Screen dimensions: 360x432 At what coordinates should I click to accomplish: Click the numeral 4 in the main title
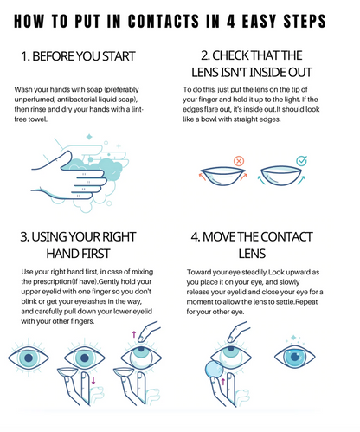(231, 21)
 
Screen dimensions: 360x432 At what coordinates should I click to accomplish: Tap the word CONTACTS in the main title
(164, 21)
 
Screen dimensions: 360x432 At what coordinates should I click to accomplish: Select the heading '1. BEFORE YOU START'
(78, 56)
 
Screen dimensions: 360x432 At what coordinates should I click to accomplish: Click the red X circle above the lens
(239, 161)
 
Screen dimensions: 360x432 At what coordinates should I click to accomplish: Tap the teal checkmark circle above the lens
(302, 161)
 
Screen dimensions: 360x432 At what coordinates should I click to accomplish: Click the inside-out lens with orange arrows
(222, 176)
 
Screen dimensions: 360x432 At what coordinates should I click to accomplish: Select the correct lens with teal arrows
(281, 176)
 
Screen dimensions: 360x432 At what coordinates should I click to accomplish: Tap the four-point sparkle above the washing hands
(89, 137)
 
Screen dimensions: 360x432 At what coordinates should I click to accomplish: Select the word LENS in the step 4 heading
(252, 254)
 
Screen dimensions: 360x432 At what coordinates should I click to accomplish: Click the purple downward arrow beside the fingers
(93, 380)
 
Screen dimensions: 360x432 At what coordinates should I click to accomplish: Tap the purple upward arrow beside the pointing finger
(134, 334)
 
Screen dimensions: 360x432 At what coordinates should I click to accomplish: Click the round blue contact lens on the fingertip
(215, 369)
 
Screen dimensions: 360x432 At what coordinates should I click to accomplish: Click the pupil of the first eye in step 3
(29, 358)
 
